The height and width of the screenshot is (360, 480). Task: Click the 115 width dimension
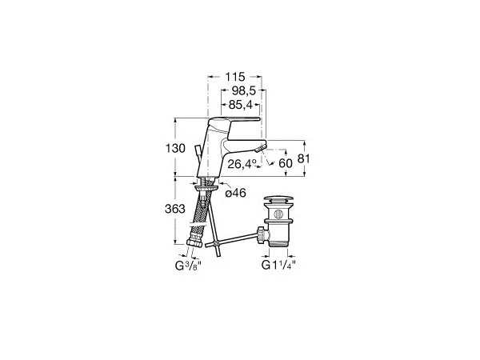[x=235, y=77]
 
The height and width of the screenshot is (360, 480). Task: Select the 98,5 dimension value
[x=244, y=90]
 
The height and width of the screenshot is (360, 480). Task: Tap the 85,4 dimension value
[x=240, y=105]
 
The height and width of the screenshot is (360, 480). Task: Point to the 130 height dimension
[x=175, y=149]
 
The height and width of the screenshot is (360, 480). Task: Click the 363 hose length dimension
[x=175, y=209]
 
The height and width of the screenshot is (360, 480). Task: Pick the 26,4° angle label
[x=242, y=164]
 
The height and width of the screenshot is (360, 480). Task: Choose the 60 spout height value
[x=286, y=163]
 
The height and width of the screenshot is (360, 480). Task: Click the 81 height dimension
[x=303, y=159]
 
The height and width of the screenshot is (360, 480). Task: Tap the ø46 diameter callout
[x=236, y=193]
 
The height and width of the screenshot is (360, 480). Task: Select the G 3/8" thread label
[x=188, y=266]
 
